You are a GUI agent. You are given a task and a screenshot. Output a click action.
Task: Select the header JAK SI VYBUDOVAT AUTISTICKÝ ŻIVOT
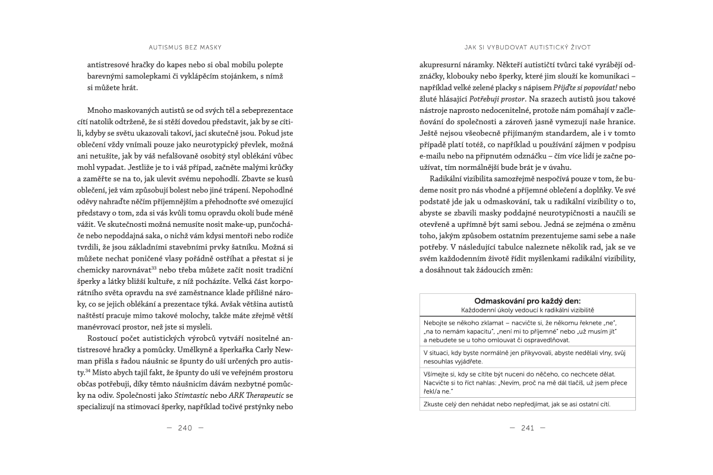[x=528, y=46]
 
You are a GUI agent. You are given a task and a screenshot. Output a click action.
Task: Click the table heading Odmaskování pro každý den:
[x=528, y=301]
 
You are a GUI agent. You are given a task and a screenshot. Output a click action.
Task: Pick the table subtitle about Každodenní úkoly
[x=528, y=310]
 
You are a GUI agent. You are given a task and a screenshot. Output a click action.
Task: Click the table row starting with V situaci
[x=528, y=356]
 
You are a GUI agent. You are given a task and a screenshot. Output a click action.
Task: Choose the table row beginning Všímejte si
[x=528, y=383]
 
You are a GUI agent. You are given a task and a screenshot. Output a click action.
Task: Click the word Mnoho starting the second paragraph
[x=100, y=111]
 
